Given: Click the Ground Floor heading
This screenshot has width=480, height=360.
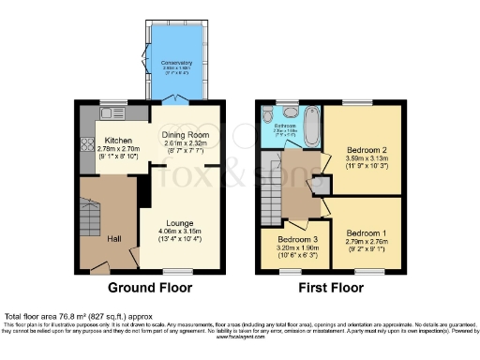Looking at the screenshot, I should [150, 288].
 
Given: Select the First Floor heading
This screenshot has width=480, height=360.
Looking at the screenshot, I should [332, 288].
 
